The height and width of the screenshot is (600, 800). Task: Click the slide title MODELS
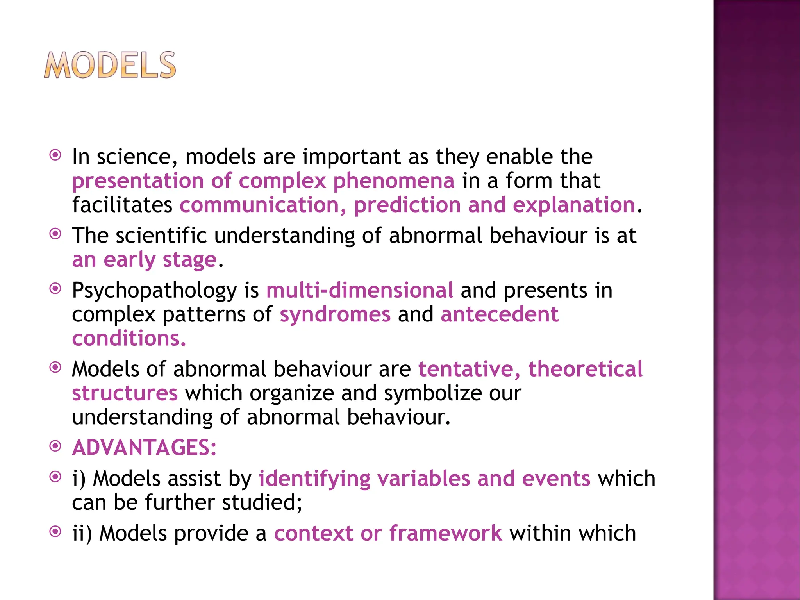point(110,65)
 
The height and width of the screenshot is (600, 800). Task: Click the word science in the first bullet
point(133,157)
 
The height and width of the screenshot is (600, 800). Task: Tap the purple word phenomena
point(394,181)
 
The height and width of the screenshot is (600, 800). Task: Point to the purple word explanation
point(574,205)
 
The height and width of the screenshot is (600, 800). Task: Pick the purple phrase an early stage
point(144,260)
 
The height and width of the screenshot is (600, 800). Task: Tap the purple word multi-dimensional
point(359,291)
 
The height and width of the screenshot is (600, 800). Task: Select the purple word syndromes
point(335,315)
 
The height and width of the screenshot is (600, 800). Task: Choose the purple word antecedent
point(500,315)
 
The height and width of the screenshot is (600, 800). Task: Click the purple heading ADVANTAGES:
point(144,448)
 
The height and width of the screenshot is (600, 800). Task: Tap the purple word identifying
point(314,479)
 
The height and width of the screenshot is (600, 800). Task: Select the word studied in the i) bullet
point(262,503)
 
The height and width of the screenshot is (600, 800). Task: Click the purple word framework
point(446,534)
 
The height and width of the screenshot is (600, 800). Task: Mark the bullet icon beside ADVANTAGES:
point(55,446)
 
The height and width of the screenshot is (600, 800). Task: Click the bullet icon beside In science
point(55,155)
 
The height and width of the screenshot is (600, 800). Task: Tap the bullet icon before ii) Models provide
point(55,532)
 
